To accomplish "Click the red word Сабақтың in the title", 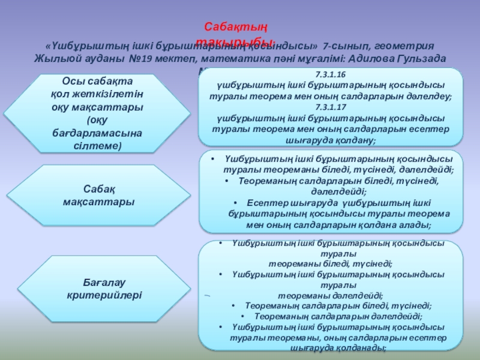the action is coord(236,27).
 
